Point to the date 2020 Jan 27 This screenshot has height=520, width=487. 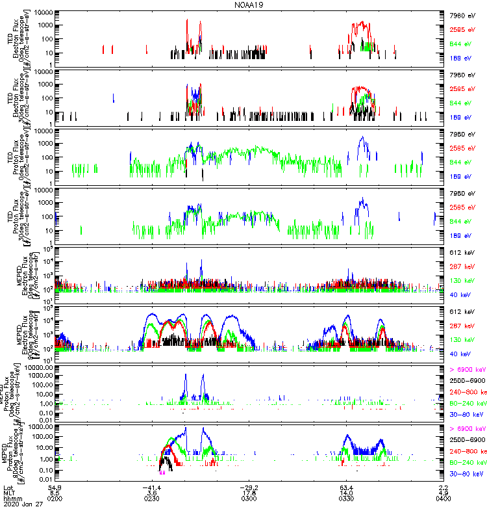[19, 504]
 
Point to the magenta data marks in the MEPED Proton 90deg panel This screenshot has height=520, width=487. [161, 473]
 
